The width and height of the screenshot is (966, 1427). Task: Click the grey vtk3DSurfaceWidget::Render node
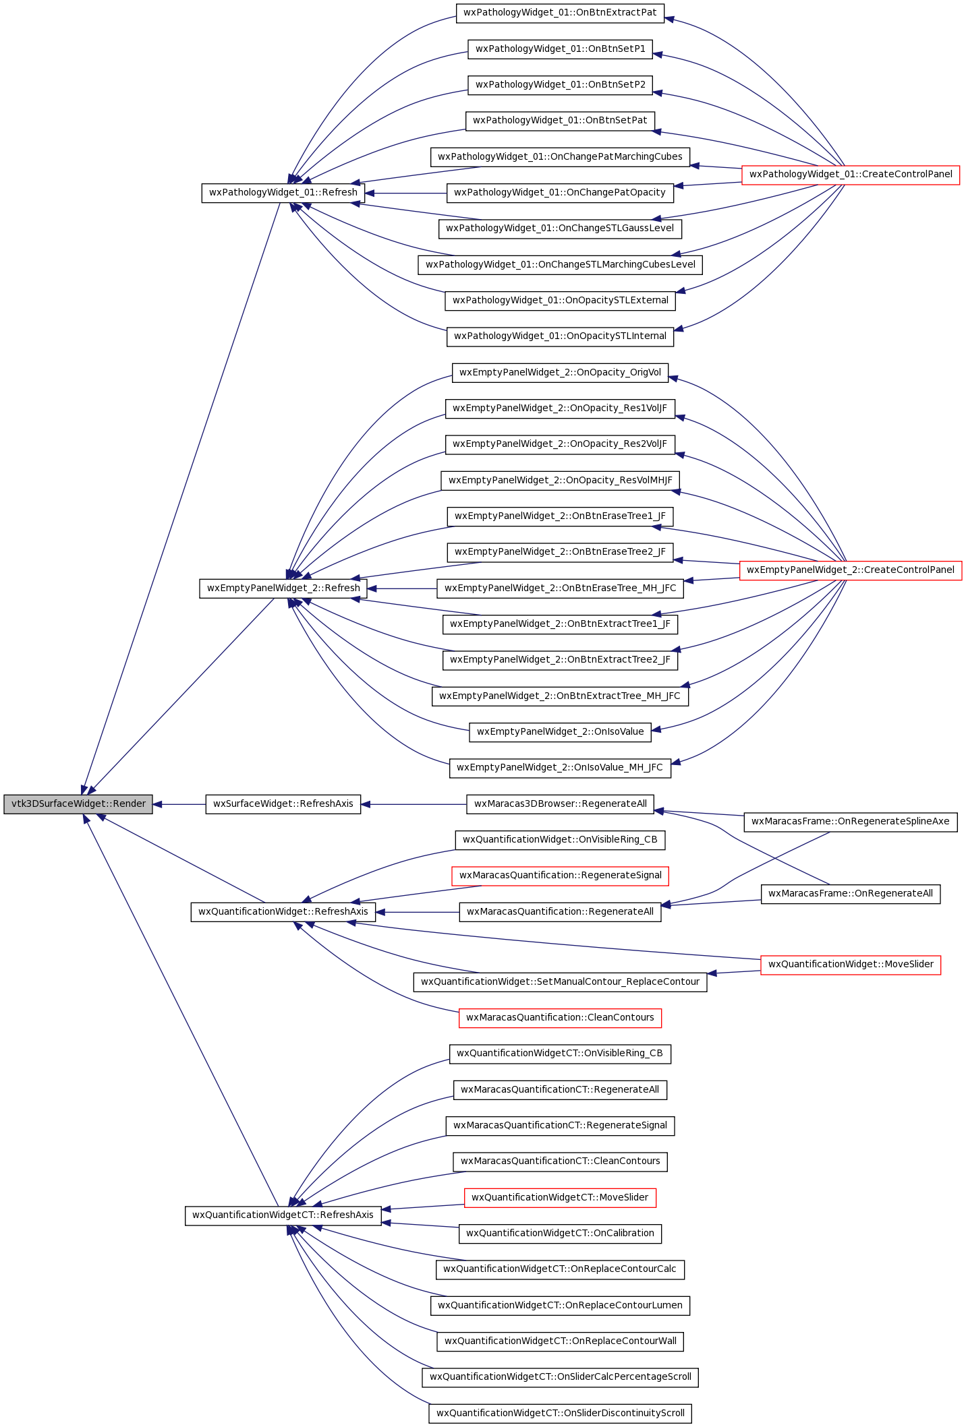[78, 804]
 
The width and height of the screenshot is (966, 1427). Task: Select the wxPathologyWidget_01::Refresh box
[283, 193]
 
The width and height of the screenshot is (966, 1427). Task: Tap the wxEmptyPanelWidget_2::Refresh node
[283, 588]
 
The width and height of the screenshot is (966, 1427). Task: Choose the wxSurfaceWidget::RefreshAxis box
[283, 804]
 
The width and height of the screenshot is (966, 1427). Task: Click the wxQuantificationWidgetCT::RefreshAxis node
[283, 1215]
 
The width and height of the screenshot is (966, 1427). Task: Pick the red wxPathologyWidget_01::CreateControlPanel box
[851, 175]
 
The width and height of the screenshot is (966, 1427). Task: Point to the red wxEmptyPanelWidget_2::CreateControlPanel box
[851, 570]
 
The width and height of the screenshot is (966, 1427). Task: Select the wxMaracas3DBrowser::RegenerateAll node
[561, 804]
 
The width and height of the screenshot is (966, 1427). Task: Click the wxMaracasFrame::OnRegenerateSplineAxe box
[851, 822]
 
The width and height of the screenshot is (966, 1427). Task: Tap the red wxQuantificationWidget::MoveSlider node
[851, 965]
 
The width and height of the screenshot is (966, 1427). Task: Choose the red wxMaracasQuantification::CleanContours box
[561, 1018]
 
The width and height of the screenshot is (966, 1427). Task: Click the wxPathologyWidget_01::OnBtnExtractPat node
[561, 13]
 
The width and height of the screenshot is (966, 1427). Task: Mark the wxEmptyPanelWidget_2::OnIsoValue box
[561, 732]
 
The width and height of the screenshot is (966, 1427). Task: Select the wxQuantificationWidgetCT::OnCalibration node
[561, 1234]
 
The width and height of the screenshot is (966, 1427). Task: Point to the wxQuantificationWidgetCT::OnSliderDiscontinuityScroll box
[561, 1414]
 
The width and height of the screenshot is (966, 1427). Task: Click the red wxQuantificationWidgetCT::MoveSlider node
[561, 1198]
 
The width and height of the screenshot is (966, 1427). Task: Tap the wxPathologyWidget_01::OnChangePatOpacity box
[561, 193]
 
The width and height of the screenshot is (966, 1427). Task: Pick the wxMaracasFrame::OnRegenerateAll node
[851, 894]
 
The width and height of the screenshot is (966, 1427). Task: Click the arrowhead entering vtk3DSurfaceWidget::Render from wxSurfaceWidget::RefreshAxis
[158, 804]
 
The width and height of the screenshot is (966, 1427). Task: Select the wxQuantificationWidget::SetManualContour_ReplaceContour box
[561, 982]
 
